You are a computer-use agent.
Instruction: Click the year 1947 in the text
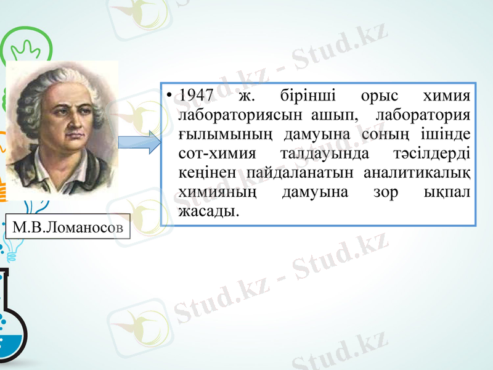tap(195, 97)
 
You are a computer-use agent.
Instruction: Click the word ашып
tap(337, 116)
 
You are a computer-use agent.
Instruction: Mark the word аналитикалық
tap(418, 173)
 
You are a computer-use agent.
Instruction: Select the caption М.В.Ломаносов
tap(68, 228)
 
